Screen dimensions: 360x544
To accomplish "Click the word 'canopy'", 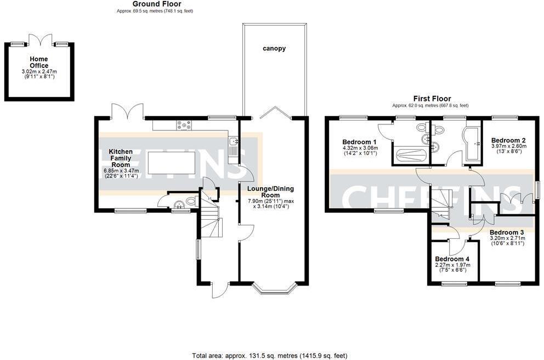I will click(273, 49).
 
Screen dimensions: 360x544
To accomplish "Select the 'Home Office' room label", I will click(38, 62).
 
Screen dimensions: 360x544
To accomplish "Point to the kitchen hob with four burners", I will click(183, 125).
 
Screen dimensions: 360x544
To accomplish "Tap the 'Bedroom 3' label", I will click(507, 232).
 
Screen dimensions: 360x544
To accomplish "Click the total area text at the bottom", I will click(269, 355).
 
